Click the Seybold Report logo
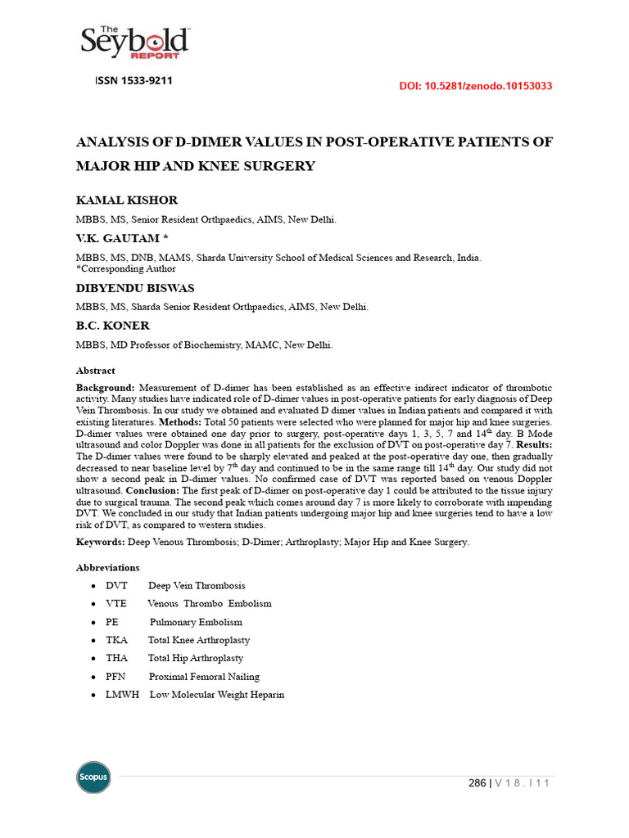136,43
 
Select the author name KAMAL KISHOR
127,200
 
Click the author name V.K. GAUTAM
120,238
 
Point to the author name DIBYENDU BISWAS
135,288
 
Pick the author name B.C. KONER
113,326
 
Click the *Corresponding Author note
125,268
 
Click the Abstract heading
96,371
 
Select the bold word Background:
106,387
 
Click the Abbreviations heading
107,567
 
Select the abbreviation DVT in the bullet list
117,586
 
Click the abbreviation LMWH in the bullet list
123,695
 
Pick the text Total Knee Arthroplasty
199,640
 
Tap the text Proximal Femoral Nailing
204,677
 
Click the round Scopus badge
93,777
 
